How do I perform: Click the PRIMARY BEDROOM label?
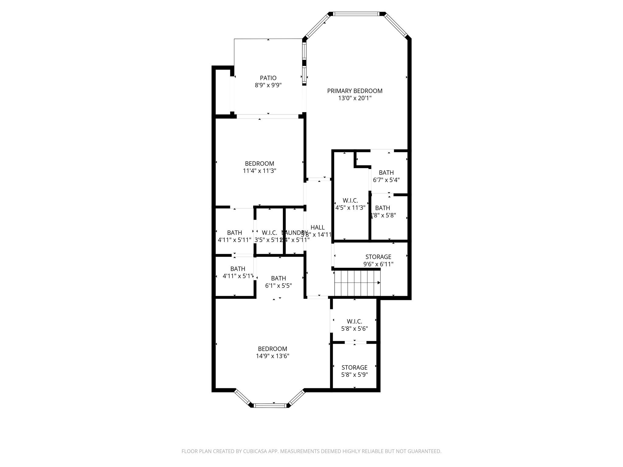pyautogui.click(x=355, y=91)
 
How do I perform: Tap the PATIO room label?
pyautogui.click(x=268, y=78)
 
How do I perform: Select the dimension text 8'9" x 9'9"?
pyautogui.click(x=268, y=85)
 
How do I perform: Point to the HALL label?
pyautogui.click(x=318, y=227)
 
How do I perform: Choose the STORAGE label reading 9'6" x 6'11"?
pyautogui.click(x=378, y=257)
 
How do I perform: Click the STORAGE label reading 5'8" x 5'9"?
pyautogui.click(x=354, y=368)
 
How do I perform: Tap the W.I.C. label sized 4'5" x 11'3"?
pyautogui.click(x=350, y=201)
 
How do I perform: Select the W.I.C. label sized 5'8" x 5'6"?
pyautogui.click(x=354, y=321)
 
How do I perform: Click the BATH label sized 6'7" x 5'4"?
pyautogui.click(x=386, y=173)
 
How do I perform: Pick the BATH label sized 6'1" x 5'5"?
pyautogui.click(x=278, y=278)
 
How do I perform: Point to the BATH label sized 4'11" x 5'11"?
pyautogui.click(x=235, y=233)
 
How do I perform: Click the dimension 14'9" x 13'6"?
pyautogui.click(x=272, y=356)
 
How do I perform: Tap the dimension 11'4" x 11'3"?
pyautogui.click(x=259, y=171)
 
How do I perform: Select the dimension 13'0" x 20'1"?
pyautogui.click(x=355, y=98)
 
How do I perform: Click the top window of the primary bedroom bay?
pyautogui.click(x=356, y=14)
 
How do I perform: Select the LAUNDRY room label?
pyautogui.click(x=294, y=233)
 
